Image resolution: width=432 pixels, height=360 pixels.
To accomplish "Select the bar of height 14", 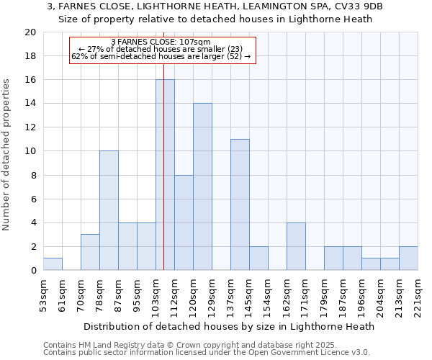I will pos(202,187).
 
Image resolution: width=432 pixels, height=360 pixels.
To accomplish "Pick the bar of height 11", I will pos(240,204).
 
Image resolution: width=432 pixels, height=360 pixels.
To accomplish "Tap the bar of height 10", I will pos(109,211).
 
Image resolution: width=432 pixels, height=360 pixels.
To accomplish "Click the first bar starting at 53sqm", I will pos(53,264).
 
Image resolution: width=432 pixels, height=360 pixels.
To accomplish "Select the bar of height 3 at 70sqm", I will pos(90,253).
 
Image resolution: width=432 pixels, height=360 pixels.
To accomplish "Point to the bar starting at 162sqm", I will pos(296,247).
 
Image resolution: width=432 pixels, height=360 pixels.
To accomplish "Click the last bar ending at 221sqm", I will pos(408,258).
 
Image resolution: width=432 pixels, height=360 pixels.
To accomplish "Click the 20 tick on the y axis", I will pos(30,32).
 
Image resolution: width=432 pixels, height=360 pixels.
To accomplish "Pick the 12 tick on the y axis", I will pos(30,127).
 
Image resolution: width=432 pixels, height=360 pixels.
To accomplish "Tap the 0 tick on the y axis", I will pos(32,271).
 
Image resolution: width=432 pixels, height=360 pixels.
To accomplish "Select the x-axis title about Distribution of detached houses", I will pos(235,326).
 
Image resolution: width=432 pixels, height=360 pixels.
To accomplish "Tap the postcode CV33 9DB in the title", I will pos(357,6).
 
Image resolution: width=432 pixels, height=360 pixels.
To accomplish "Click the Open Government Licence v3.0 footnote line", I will pos(207,352).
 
